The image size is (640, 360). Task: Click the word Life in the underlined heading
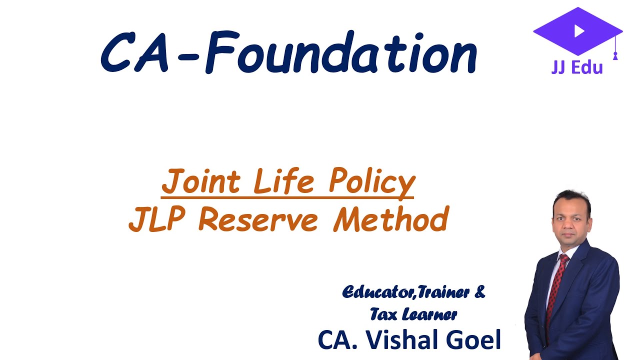pyautogui.click(x=283, y=182)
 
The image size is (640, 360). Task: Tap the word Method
pyautogui.click(x=390, y=220)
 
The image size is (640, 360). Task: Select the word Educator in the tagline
pyautogui.click(x=378, y=292)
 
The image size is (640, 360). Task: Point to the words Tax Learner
pyautogui.click(x=413, y=314)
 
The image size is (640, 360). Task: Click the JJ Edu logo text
pyautogui.click(x=577, y=67)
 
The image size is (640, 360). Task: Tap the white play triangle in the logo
pyautogui.click(x=579, y=31)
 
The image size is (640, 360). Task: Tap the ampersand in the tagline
pyautogui.click(x=479, y=292)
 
